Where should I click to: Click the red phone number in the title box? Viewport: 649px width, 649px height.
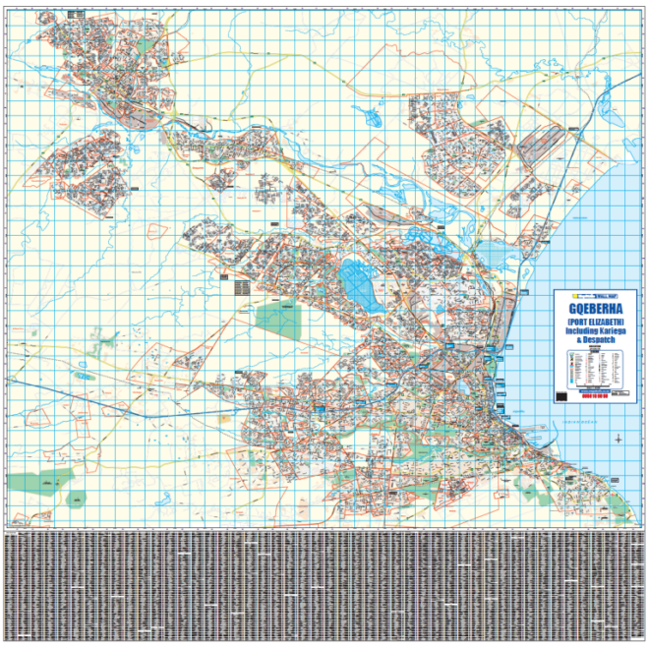[x=595, y=395]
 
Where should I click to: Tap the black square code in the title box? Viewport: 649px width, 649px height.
[x=561, y=394]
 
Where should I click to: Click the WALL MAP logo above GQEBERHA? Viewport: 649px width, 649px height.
[x=596, y=295]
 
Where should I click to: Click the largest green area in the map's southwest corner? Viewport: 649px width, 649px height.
[x=39, y=483]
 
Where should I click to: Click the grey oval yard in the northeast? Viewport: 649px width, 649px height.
[x=536, y=147]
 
